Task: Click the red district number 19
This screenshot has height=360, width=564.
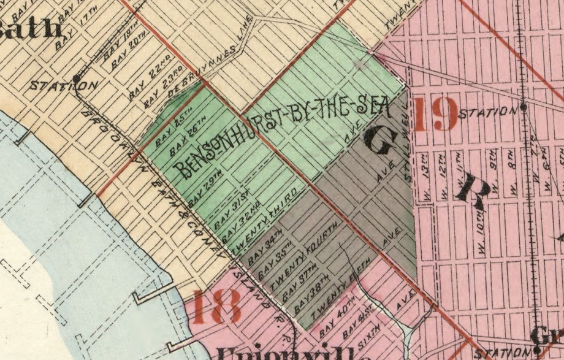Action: click(436, 114)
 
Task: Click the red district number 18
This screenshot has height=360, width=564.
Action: click(216, 307)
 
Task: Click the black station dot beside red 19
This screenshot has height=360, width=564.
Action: click(524, 107)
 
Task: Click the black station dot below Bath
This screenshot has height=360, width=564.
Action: click(76, 79)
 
